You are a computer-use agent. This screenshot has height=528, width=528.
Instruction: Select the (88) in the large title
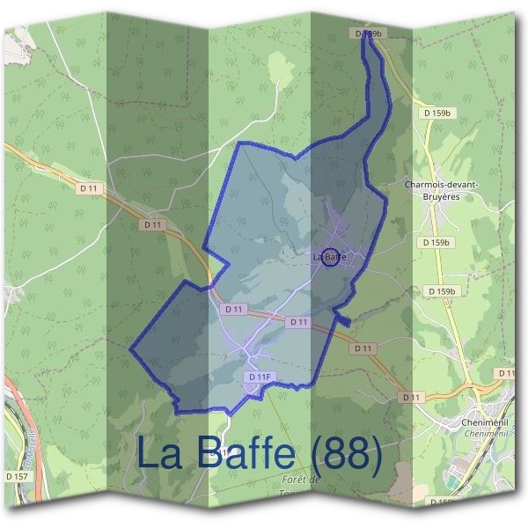click(347, 455)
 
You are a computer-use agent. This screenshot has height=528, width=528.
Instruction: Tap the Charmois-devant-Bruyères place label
click(441, 190)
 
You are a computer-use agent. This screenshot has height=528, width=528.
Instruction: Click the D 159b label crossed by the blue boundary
click(371, 33)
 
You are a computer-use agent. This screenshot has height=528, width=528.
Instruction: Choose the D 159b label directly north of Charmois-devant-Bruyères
click(436, 114)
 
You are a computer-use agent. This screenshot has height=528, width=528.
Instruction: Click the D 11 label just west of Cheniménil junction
click(409, 398)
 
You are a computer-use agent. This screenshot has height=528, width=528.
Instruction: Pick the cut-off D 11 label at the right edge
click(506, 374)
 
